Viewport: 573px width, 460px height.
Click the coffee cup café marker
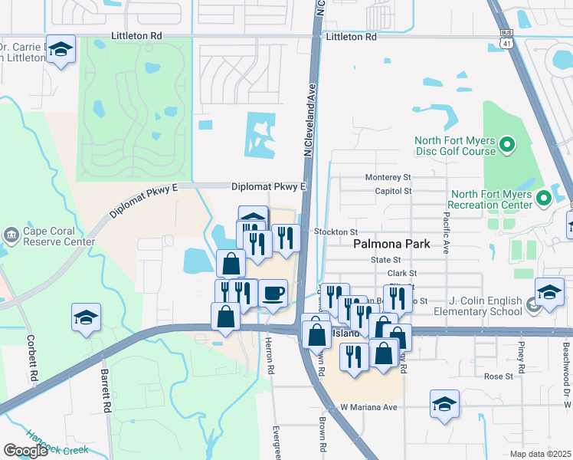(x=273, y=294)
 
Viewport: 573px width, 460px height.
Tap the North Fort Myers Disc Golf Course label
(x=455, y=146)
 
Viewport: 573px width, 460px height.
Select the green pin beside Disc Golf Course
(x=506, y=144)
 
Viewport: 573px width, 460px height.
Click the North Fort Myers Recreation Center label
(x=491, y=199)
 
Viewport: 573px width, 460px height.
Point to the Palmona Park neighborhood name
(x=391, y=245)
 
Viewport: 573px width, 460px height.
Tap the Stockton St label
(x=336, y=232)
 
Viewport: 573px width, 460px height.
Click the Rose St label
(x=498, y=376)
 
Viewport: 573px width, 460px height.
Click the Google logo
(x=25, y=451)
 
